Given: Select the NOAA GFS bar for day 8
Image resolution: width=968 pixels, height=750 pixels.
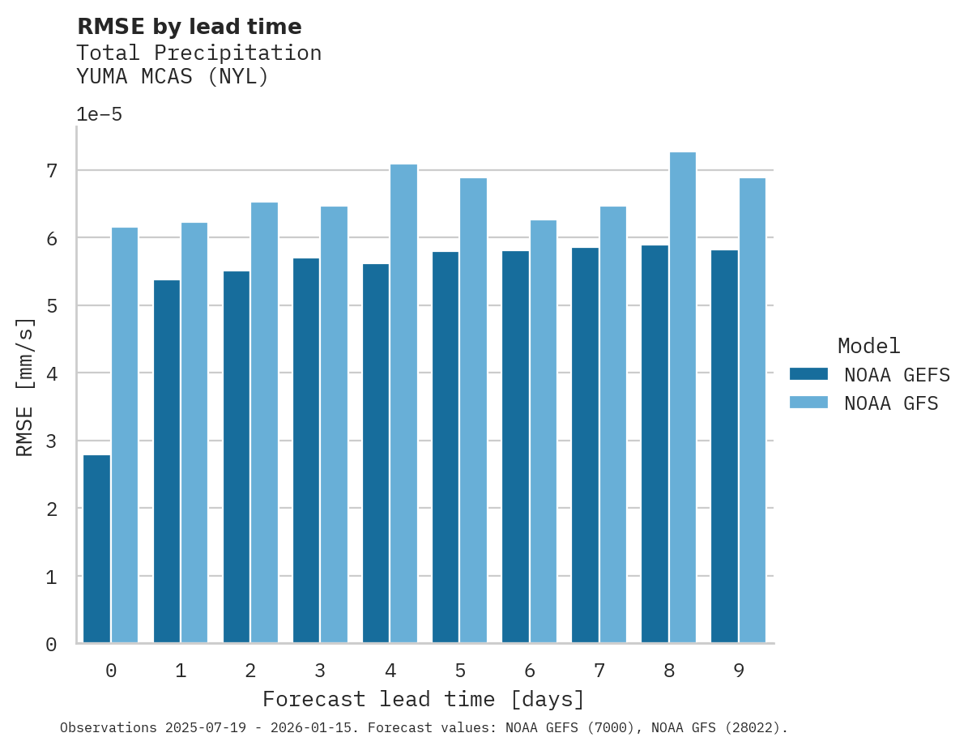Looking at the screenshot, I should [683, 398].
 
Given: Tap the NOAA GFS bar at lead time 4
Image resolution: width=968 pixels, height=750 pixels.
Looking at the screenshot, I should [403, 404].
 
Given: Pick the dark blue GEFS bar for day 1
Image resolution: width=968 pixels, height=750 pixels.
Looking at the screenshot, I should [166, 462].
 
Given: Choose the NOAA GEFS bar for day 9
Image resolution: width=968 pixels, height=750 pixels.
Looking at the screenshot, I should [724, 446].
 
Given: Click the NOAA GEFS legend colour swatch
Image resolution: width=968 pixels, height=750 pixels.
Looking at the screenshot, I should [808, 374].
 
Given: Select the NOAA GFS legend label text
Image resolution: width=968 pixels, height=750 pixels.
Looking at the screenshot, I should [891, 403].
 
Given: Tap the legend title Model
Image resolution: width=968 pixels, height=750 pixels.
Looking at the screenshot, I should [868, 346].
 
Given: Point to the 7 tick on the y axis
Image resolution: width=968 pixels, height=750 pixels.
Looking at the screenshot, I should [52, 171].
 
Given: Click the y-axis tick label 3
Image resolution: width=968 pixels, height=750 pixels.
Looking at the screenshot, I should [52, 441].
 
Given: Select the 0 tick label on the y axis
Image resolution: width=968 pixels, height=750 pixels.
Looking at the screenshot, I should [52, 645].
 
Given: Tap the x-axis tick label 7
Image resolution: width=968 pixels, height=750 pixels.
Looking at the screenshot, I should [599, 671].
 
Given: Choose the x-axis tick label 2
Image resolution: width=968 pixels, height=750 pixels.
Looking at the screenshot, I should [250, 671].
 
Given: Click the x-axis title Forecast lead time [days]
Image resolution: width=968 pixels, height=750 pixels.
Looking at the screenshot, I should [424, 699].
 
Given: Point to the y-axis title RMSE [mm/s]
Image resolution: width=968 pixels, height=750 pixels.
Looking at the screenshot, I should [26, 387].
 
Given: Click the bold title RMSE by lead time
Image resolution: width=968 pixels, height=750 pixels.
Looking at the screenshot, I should [189, 27].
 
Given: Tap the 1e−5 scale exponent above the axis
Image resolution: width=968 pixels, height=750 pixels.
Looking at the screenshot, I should [99, 114].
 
